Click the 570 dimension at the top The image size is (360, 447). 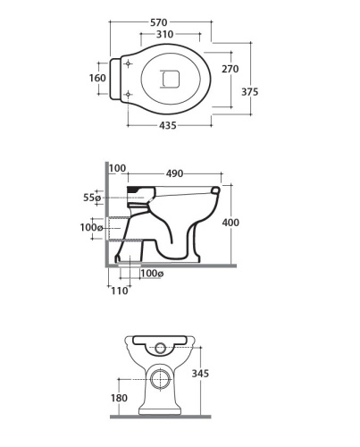(x=159, y=22)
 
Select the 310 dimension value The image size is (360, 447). (x=164, y=34)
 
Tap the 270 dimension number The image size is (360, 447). (x=230, y=69)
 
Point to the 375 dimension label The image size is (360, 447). (x=249, y=92)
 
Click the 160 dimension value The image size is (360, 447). (x=97, y=78)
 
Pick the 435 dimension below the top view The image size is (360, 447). (x=168, y=125)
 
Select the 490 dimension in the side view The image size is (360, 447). (x=174, y=173)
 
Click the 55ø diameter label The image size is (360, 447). (x=92, y=198)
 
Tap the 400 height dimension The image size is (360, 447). (x=230, y=223)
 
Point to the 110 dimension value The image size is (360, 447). (x=120, y=291)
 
